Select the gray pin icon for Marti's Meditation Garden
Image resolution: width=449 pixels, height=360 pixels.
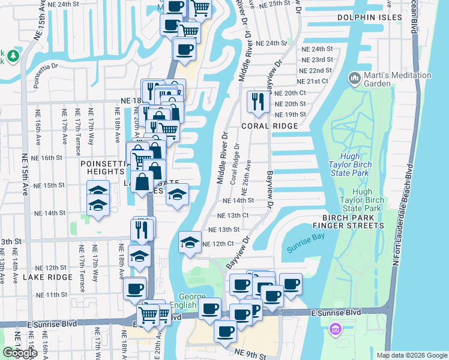coord(354,79)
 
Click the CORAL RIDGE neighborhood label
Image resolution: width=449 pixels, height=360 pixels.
coord(270,126)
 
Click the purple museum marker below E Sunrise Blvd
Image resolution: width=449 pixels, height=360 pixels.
coord(335,329)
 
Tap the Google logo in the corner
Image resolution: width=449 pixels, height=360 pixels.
coord(20,353)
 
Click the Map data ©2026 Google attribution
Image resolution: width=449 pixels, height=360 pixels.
coord(412,355)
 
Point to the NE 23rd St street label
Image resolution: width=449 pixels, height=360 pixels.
coord(318,60)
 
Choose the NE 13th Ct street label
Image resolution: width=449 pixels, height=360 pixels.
coord(232,215)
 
